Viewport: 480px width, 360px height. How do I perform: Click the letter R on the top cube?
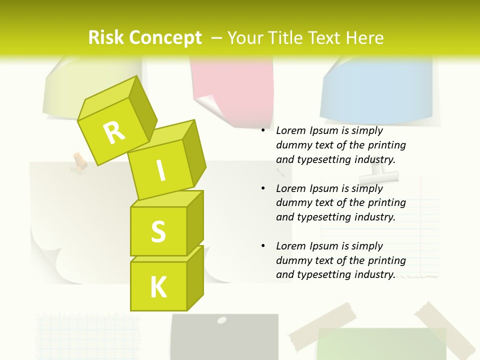(x=114, y=132)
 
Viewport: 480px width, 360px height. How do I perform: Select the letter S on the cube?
(x=158, y=231)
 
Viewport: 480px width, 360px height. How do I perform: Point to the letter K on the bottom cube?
(x=158, y=287)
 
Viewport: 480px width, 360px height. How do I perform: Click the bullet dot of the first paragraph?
(x=263, y=131)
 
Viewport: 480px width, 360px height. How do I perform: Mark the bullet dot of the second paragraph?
(x=263, y=189)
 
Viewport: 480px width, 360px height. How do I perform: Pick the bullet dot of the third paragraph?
(x=263, y=246)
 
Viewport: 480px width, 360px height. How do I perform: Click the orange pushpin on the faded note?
(x=79, y=160)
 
